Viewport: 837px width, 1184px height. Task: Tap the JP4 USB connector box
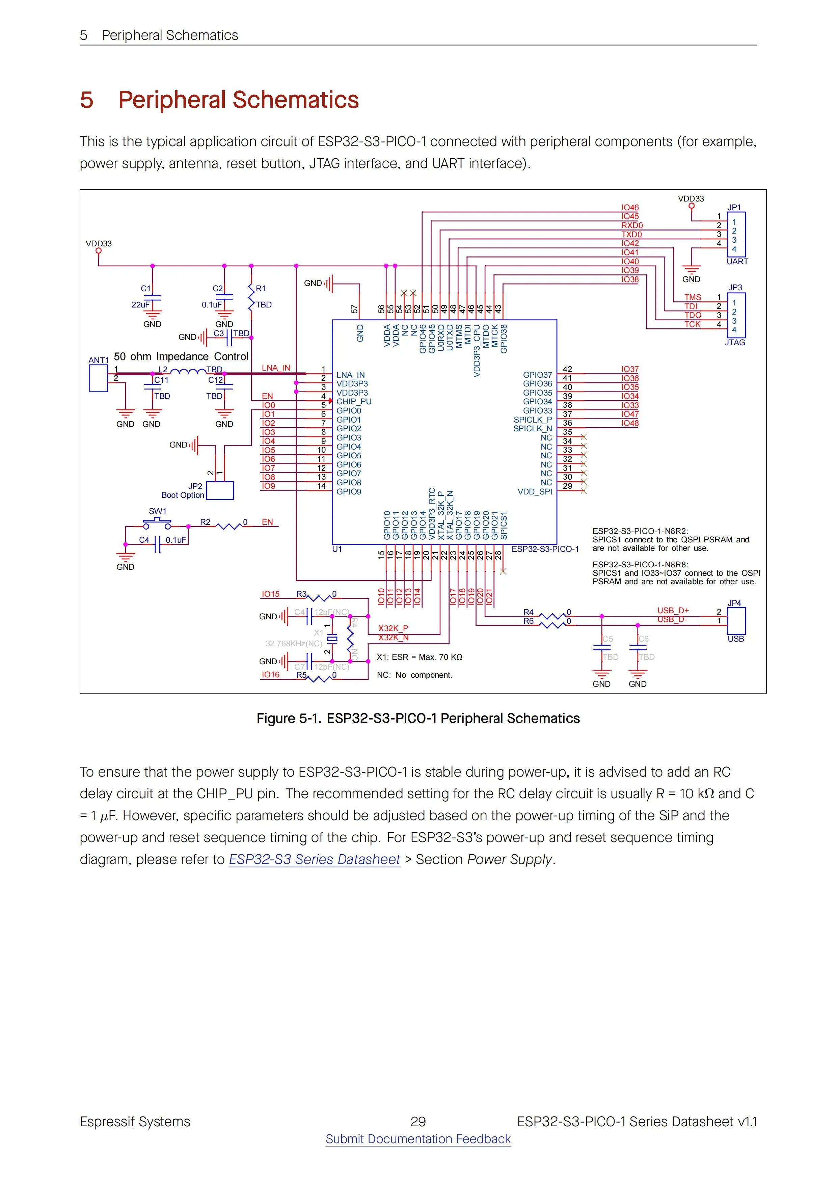736,620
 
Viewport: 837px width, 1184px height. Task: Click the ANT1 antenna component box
99,378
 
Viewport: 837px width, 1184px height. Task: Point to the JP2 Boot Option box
220,490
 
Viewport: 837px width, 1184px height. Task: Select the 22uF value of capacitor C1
140,305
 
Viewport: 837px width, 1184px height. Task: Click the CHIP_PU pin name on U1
354,401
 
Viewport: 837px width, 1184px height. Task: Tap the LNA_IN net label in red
276,368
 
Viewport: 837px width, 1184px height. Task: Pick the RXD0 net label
632,225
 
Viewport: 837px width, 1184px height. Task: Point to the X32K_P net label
393,628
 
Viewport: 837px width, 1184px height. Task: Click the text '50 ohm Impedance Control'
181,356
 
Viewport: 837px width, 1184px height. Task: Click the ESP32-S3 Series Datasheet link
315,860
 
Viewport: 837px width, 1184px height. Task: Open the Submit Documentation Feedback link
418,1139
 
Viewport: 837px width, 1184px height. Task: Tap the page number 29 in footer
418,1121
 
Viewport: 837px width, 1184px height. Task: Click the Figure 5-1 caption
418,718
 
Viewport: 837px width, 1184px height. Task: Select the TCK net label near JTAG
693,324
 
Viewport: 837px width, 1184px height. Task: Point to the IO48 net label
630,423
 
